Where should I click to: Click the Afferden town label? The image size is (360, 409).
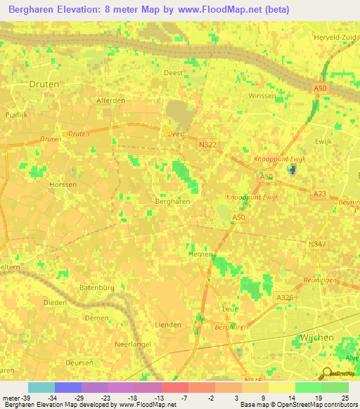tap(111, 100)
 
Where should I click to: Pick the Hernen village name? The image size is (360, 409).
tap(200, 254)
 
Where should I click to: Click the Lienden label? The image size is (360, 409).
tap(168, 324)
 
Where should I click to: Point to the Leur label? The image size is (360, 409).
tap(228, 308)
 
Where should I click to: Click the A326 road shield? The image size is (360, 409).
tap(284, 298)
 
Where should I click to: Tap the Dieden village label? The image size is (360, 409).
tap(55, 303)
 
